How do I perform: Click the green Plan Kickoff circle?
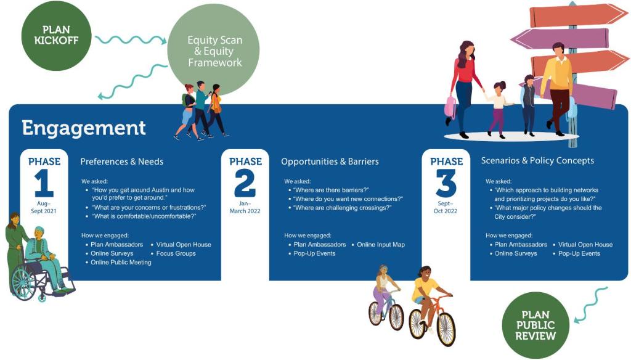point(57,35)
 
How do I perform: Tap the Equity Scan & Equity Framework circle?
point(214,52)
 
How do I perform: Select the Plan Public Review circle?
point(535,325)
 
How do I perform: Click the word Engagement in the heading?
point(84,128)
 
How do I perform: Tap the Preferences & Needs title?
point(122,162)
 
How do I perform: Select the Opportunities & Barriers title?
point(330,162)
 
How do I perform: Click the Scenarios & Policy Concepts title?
point(537,161)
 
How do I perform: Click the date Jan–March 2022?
point(245,207)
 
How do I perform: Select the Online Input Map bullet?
point(381,245)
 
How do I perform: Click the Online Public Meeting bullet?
point(121,263)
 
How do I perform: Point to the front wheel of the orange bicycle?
point(444,328)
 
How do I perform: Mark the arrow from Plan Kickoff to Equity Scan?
point(131,41)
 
